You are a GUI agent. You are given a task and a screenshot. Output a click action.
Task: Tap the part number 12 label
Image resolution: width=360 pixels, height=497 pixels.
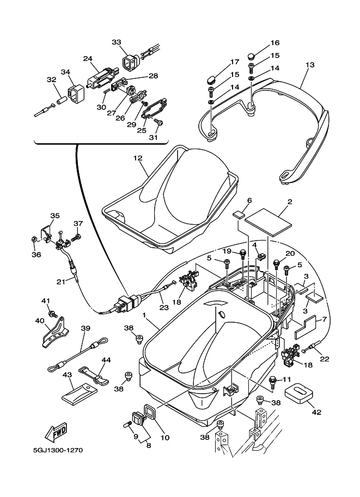tap(137, 158)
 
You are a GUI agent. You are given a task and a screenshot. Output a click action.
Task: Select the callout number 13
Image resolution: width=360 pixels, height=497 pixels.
tap(309, 65)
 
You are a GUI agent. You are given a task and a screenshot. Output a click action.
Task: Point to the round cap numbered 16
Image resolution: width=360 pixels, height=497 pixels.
tap(251, 56)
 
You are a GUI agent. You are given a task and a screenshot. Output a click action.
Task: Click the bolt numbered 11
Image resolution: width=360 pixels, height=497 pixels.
tap(273, 379)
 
